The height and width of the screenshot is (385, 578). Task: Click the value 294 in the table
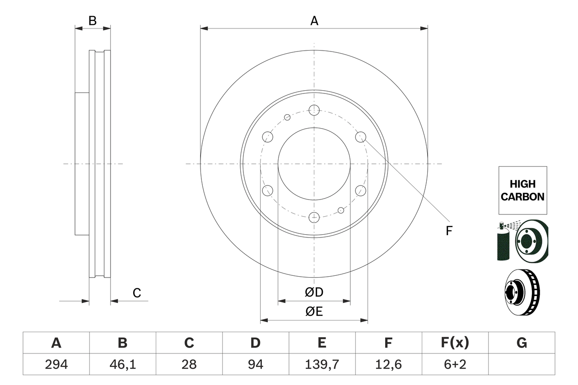[x=56, y=364]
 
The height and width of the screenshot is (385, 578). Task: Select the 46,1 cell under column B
[x=122, y=364]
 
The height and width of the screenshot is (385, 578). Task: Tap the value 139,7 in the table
[x=322, y=364]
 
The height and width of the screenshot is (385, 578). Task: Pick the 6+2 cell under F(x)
[x=455, y=364]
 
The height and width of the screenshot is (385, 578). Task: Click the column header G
[x=522, y=343]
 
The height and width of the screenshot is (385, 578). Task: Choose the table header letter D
[x=256, y=343]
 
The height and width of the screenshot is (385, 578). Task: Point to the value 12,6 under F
[x=388, y=364]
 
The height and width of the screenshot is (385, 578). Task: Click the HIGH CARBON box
[x=522, y=190]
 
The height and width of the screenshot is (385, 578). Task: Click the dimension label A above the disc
[x=314, y=21]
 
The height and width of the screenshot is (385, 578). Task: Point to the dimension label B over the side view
[x=92, y=21]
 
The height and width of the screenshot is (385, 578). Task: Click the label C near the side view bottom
[x=137, y=293]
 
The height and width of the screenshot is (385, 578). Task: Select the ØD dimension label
[x=314, y=292]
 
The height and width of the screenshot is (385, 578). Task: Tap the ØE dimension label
[x=314, y=312]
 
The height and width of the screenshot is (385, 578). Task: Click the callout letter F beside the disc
[x=448, y=231]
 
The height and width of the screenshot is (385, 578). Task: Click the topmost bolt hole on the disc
[x=314, y=109]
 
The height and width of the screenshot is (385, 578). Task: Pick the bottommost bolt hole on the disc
[x=314, y=218]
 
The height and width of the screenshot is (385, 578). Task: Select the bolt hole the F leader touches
[x=360, y=137]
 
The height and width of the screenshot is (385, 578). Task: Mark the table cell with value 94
[x=256, y=364]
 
